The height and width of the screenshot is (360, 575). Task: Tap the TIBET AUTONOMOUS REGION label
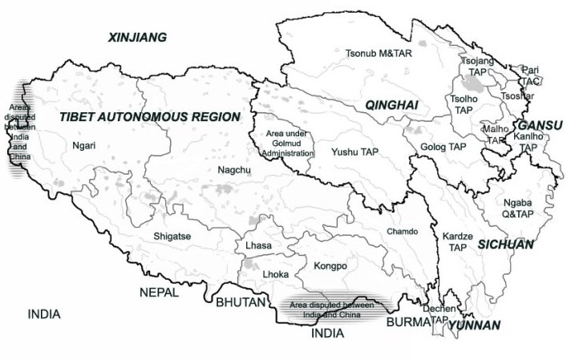click(149, 117)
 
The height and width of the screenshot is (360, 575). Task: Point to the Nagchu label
click(233, 170)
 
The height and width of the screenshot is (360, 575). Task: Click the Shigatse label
click(172, 237)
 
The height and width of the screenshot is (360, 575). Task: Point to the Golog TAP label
click(443, 147)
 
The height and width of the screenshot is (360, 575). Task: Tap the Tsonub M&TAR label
click(375, 54)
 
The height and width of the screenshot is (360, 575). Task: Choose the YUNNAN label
click(474, 326)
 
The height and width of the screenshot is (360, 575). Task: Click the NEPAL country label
click(159, 292)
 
